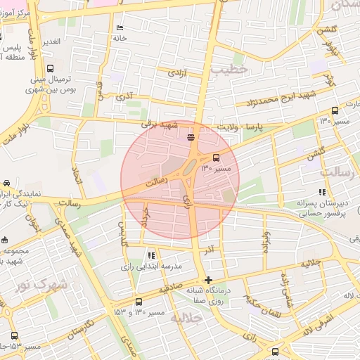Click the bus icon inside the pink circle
point(216,157)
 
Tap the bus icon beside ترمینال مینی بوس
point(49,69)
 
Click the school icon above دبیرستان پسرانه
point(322,192)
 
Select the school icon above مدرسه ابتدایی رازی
point(150,255)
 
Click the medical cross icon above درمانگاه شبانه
point(208,280)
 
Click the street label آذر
point(208,250)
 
